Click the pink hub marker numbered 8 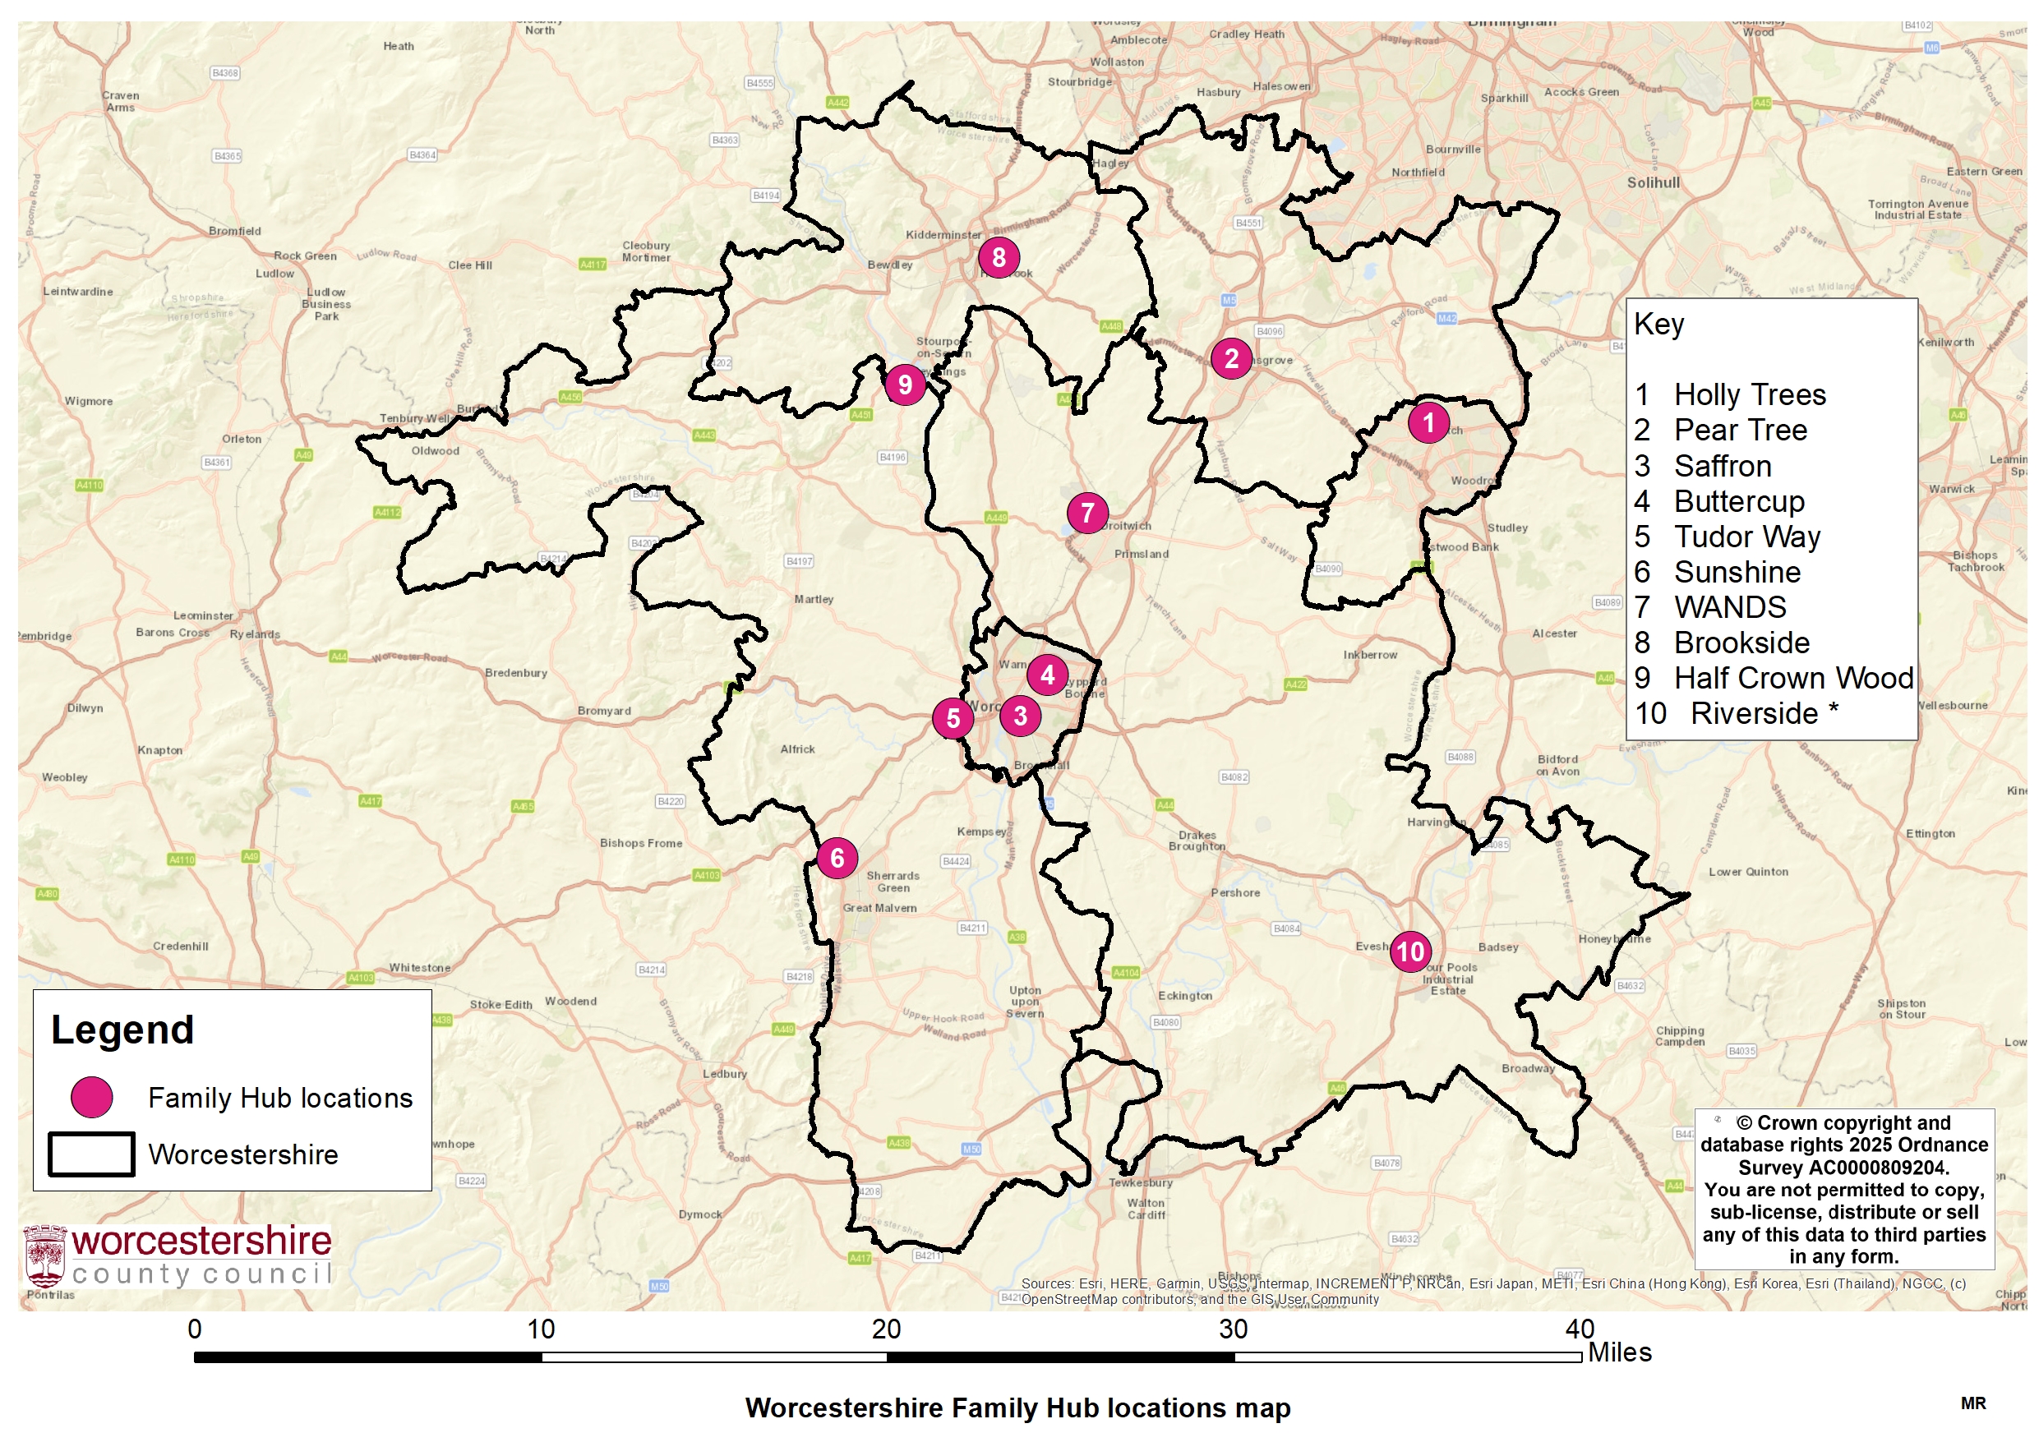click(999, 257)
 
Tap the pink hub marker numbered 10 click(1410, 951)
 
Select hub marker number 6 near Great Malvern click(837, 858)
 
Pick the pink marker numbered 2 click(1231, 359)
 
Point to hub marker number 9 click(905, 385)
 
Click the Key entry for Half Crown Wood click(1793, 679)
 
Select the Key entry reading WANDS click(1729, 607)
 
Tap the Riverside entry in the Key click(1754, 714)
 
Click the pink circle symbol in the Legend click(91, 1098)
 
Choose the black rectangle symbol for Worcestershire click(91, 1154)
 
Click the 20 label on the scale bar click(886, 1329)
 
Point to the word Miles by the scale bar click(1619, 1352)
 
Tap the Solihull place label click(1653, 183)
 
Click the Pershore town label click(1235, 892)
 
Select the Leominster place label click(203, 615)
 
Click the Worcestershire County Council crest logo click(45, 1256)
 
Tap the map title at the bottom click(1017, 1408)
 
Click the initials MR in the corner click(1973, 1404)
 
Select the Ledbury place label click(725, 1074)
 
